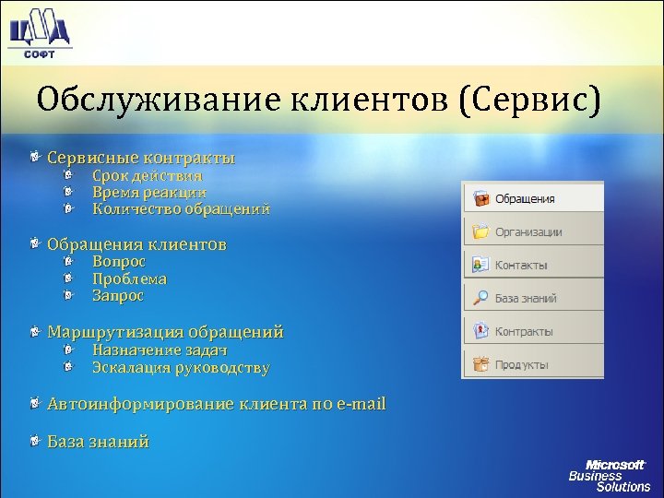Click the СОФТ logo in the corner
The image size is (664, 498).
[x=38, y=31]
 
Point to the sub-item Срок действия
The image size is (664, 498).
[x=148, y=175]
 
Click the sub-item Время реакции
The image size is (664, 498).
[x=149, y=192]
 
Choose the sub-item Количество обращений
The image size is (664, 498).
[x=181, y=209]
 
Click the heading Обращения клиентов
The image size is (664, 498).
[x=136, y=244]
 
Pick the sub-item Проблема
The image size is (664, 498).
[x=129, y=279]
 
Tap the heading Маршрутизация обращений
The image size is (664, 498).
[x=165, y=332]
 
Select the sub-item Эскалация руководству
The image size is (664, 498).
[x=181, y=368]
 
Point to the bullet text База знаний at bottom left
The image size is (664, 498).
[x=98, y=442]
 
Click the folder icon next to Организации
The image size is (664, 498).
[x=480, y=231]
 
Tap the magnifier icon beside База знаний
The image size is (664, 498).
[x=480, y=298]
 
